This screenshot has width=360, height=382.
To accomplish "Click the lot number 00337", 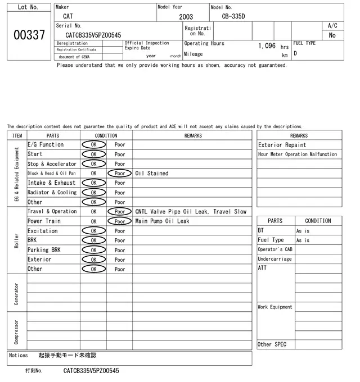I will pos(28,35).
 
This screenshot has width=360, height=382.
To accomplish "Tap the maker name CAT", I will pos(67,16).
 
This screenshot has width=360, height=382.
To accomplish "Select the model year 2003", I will pos(186,17).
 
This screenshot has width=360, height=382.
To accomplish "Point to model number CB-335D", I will pos(233,16).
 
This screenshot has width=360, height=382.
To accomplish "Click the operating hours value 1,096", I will pos(267,46).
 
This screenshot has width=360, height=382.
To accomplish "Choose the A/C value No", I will pos(332,35).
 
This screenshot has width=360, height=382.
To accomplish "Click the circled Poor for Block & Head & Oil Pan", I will pos(120,173).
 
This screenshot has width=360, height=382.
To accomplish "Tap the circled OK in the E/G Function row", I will pos(93,144).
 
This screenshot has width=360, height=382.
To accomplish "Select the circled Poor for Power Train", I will pos(120,221).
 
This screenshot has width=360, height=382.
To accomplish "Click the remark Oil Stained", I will pos(152,173).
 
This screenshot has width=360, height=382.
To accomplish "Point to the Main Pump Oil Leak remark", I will pos(162,221).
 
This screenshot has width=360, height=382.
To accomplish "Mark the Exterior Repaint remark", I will pos(282,144).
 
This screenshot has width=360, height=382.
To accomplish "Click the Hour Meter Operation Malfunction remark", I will pos(298,154).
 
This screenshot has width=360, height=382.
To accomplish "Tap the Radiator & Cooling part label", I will pos(52,192).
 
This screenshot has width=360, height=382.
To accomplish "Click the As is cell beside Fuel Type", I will pos(303,240).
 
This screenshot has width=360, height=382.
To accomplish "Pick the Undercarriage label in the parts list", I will pos(274,259).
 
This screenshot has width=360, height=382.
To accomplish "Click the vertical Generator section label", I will pos(16,294).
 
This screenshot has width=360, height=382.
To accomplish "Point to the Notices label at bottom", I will pos(19,356).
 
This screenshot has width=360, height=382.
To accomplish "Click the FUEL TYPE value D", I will pos(295,54).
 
